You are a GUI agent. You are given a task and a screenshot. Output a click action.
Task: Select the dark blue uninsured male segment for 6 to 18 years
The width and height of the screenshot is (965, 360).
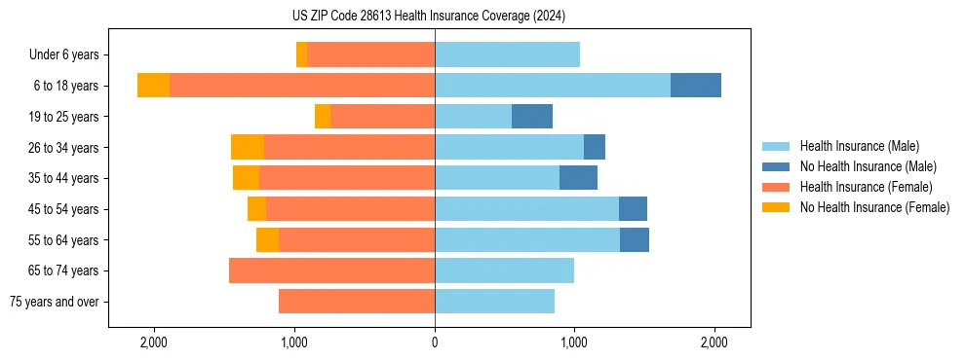click(x=696, y=86)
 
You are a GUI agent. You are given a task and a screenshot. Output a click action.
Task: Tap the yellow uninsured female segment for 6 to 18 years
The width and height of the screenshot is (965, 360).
click(x=153, y=86)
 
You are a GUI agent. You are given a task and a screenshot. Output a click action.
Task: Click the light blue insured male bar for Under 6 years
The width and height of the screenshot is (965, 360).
click(x=507, y=54)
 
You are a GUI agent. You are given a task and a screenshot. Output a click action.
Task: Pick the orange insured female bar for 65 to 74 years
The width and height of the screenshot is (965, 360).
click(x=331, y=270)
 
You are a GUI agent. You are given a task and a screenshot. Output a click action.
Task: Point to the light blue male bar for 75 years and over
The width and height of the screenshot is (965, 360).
click(x=494, y=302)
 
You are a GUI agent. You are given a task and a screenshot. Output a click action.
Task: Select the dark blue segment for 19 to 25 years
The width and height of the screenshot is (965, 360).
click(x=532, y=117)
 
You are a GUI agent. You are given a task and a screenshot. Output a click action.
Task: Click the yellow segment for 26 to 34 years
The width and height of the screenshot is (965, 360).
click(x=248, y=147)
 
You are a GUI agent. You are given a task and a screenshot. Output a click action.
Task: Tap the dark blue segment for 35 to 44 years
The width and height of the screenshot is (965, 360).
click(x=578, y=178)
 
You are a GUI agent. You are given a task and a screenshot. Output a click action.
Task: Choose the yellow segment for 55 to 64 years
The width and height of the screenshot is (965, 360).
click(x=267, y=239)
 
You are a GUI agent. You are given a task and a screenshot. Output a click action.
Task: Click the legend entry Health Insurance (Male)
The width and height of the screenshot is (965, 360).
click(x=859, y=146)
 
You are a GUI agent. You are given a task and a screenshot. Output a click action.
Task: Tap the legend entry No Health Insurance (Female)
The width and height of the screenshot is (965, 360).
click(x=874, y=207)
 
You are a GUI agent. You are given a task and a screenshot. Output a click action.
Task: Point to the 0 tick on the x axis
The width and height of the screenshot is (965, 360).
click(x=435, y=342)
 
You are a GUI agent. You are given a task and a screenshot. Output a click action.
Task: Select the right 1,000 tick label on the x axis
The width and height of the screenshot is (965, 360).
click(x=574, y=342)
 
